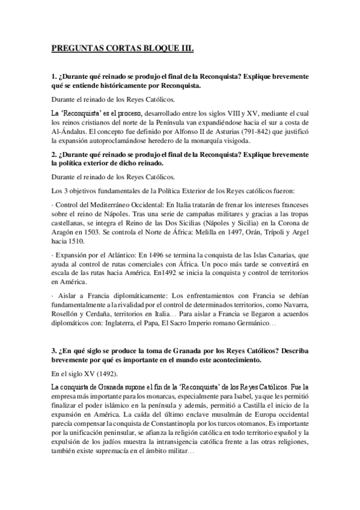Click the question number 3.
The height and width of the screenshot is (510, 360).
(x=53, y=349)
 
